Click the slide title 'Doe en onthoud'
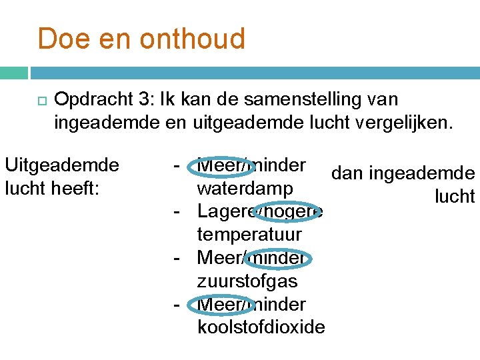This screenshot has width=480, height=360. pyautogui.click(x=141, y=39)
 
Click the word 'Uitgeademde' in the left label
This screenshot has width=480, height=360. pyautogui.click(x=61, y=165)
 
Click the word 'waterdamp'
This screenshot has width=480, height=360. pyautogui.click(x=245, y=189)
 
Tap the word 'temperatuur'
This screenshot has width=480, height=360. pyautogui.click(x=249, y=235)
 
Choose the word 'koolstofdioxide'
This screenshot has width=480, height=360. pyautogui.click(x=261, y=327)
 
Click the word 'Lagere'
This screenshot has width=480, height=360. pyautogui.click(x=223, y=212)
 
